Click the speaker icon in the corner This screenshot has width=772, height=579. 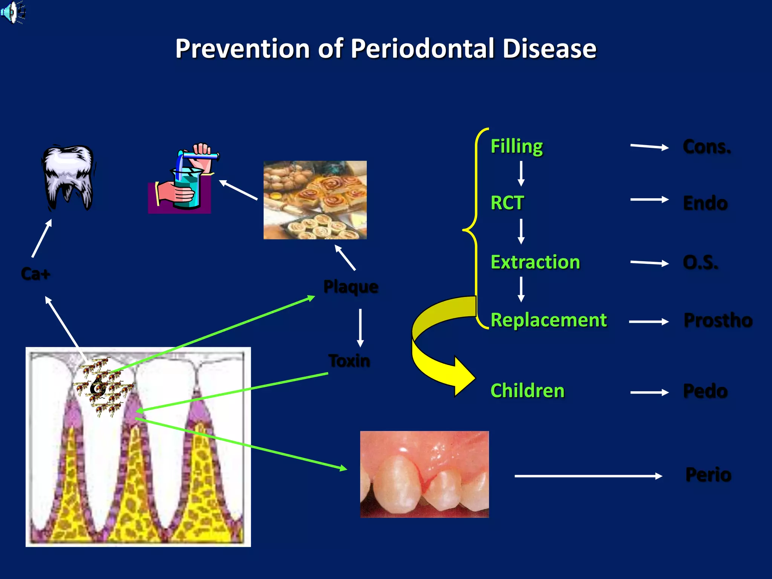[x=12, y=12]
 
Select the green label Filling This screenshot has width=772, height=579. [x=516, y=146]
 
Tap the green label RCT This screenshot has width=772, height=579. [x=507, y=203]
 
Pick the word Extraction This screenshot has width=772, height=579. [x=535, y=262]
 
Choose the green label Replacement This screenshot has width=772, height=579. [x=548, y=320]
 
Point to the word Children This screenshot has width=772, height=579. [x=527, y=391]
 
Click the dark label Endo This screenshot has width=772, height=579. [x=705, y=204]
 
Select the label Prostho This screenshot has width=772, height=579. [x=718, y=320]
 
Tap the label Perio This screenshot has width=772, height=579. [x=708, y=475]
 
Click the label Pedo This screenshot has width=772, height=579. [x=705, y=391]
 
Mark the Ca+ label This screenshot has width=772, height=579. [x=35, y=274]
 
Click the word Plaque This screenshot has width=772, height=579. [x=351, y=287]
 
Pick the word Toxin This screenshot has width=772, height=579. [x=349, y=361]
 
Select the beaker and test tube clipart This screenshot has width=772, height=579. [x=183, y=179]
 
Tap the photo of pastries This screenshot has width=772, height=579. [x=315, y=200]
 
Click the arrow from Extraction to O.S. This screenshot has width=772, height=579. [x=649, y=263]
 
